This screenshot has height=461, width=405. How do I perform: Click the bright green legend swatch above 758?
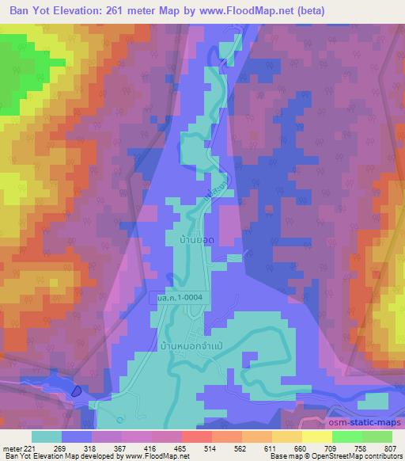347,436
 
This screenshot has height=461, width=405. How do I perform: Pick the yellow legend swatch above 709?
317,436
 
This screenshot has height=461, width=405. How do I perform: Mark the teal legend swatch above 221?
47,436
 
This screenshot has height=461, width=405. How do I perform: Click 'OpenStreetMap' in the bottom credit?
346,457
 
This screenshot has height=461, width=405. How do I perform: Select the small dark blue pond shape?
76,391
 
